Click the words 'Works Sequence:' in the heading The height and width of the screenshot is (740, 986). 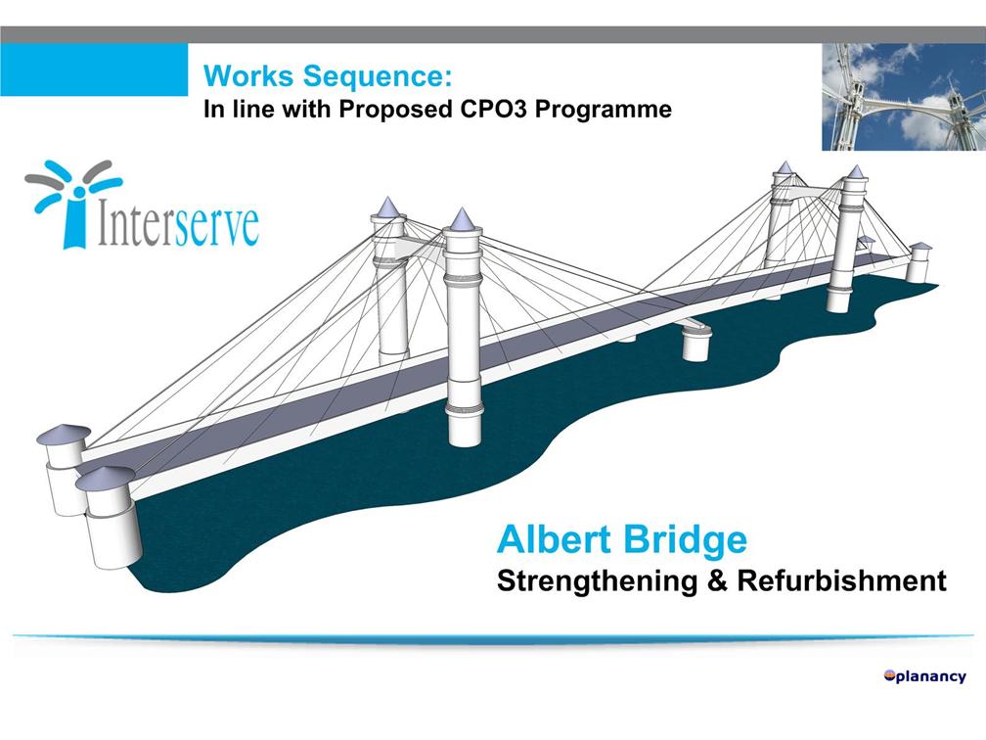point(327,75)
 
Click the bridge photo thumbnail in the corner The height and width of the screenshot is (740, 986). point(903,95)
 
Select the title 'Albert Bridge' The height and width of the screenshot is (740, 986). point(621,539)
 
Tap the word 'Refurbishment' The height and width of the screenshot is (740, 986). point(841,580)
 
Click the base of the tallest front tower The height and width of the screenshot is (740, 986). point(464,426)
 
